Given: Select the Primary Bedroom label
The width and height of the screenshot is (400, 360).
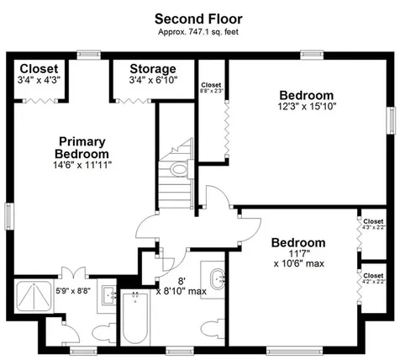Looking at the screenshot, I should [x=82, y=148].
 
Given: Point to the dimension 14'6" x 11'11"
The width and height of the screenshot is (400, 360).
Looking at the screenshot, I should [x=82, y=166].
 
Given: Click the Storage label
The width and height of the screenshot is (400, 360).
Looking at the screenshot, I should [x=153, y=69].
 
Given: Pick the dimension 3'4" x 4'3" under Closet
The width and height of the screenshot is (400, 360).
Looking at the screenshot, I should [x=39, y=82].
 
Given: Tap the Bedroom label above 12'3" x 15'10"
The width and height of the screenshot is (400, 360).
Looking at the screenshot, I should [x=306, y=95].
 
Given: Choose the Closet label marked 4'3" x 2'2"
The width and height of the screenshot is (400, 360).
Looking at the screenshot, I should [x=372, y=224].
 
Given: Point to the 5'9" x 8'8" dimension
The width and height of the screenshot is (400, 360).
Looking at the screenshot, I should [x=72, y=290].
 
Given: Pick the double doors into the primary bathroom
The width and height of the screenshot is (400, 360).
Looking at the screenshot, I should [x=74, y=273].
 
